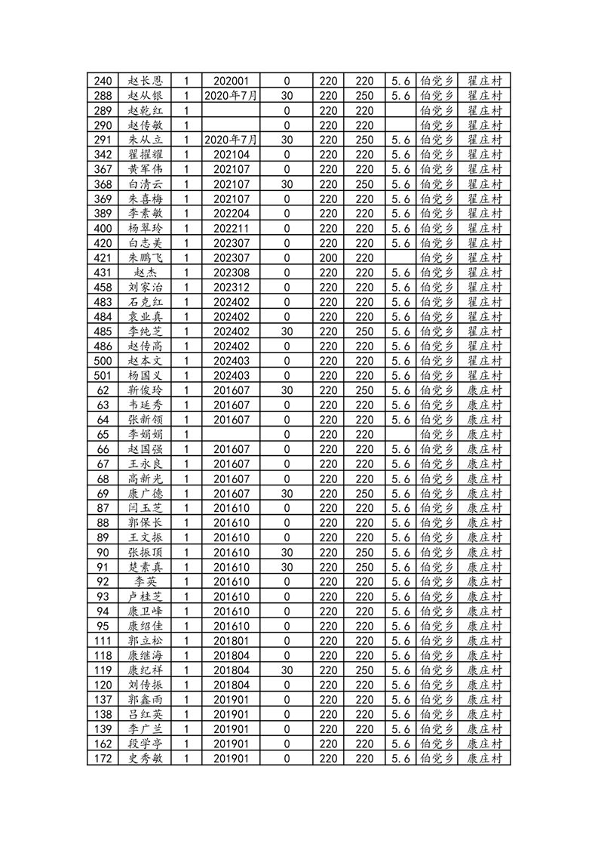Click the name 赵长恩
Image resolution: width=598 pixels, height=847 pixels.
click(x=146, y=81)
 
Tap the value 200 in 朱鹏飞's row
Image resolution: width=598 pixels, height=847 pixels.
click(x=328, y=257)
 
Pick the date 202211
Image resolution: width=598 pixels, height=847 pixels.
click(x=231, y=228)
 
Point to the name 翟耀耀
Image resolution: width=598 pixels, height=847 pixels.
click(x=146, y=154)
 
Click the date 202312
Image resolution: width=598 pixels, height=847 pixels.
click(x=231, y=287)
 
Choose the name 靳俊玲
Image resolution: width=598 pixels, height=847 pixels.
click(x=146, y=390)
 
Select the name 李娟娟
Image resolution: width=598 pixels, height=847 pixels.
click(x=146, y=434)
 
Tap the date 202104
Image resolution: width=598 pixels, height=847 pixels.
click(x=231, y=154)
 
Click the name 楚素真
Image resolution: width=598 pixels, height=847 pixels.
click(x=146, y=567)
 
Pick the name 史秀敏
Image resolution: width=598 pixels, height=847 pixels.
click(x=146, y=759)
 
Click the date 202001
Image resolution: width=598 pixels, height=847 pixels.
click(x=231, y=81)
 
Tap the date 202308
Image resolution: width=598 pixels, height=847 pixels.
click(x=231, y=273)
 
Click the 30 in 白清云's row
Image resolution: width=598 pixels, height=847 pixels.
click(x=287, y=183)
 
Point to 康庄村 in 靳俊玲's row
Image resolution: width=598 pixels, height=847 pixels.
click(x=485, y=390)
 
